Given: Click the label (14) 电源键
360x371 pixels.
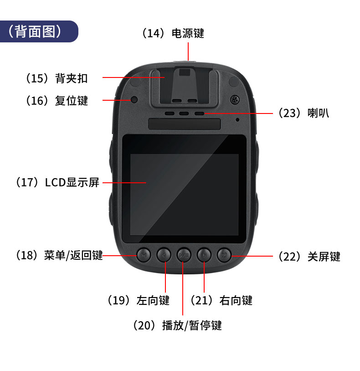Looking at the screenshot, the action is pos(173,33).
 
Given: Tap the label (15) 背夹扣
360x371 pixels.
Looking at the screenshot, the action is pos(57,78).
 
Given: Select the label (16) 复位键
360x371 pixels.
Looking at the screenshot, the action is pos(57,101).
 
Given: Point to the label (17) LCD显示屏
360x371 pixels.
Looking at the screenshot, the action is pos(57,182).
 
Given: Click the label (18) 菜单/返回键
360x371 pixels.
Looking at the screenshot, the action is pos(59,255).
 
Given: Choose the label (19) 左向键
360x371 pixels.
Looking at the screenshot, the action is pos(139,300).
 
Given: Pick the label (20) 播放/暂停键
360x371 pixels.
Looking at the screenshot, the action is pos(177,325).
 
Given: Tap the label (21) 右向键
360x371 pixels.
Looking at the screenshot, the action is pos(221,300).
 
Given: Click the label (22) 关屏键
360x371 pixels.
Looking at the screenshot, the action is pos(309,257).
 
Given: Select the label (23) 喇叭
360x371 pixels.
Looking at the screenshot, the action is pos(303,113).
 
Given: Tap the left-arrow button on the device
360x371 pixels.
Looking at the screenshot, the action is pos(164,255).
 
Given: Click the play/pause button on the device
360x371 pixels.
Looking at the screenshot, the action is pos(184,255).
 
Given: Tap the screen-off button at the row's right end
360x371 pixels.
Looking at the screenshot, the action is pos(224,255).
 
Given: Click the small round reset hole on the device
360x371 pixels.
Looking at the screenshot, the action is pos(134,99).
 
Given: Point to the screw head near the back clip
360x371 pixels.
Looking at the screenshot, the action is pos(235,99).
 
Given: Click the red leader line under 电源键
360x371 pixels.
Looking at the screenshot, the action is pos(188,52).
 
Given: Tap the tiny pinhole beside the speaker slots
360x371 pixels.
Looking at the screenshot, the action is pos(237,120).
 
